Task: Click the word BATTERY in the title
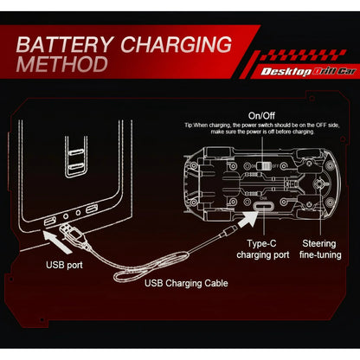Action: (x=64, y=44)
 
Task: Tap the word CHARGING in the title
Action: (x=176, y=44)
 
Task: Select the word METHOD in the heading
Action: (x=62, y=64)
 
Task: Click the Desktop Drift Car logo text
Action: (x=308, y=72)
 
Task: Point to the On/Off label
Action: (x=261, y=116)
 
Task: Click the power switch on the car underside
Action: (x=264, y=166)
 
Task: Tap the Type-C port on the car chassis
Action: (x=263, y=207)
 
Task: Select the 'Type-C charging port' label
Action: (x=263, y=249)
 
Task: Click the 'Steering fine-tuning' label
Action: (x=320, y=249)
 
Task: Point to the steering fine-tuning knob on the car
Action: (x=319, y=183)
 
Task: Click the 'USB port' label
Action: (x=64, y=265)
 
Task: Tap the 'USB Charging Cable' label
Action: (x=186, y=283)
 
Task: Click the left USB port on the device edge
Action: (x=49, y=222)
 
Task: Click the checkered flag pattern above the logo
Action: (x=303, y=55)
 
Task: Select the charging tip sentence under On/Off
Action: (x=262, y=128)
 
